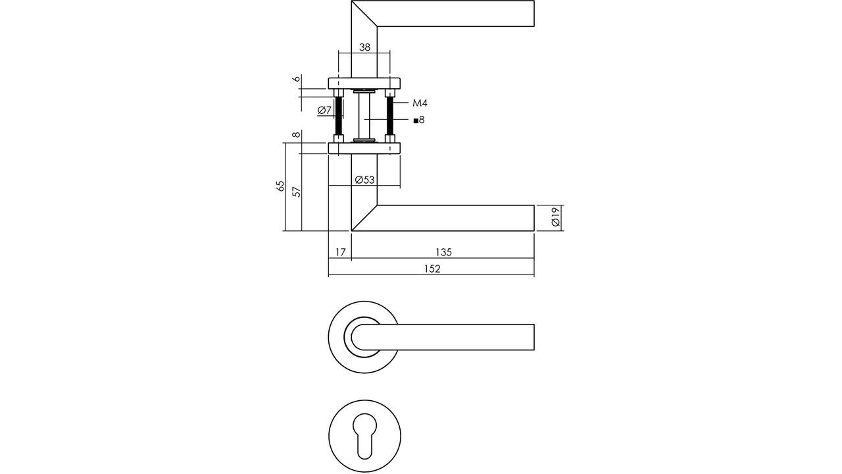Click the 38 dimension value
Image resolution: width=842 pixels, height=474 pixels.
(364, 47)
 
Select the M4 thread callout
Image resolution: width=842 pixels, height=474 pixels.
(420, 103)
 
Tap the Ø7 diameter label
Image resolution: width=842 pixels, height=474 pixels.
(324, 111)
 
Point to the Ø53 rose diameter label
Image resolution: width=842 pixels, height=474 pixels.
(364, 180)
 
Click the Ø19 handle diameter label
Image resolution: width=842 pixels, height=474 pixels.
(555, 218)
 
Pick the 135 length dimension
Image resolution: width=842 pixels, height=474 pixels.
(443, 252)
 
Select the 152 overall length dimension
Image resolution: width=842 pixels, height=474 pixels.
(432, 269)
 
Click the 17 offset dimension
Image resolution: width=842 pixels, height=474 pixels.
(340, 252)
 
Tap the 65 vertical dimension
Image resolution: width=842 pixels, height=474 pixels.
(281, 186)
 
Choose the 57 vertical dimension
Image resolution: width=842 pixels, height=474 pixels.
(297, 192)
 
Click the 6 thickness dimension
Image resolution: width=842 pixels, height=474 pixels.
(297, 79)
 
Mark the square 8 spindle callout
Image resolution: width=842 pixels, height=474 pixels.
(419, 120)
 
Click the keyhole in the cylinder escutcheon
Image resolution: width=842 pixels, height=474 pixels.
(364, 435)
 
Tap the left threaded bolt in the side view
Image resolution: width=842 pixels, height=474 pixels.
(338, 116)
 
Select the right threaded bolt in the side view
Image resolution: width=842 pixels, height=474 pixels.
(390, 116)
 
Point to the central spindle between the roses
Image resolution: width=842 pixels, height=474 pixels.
(364, 116)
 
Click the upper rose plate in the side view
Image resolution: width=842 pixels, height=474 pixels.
(364, 83)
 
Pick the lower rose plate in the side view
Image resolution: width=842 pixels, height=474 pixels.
(364, 148)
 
